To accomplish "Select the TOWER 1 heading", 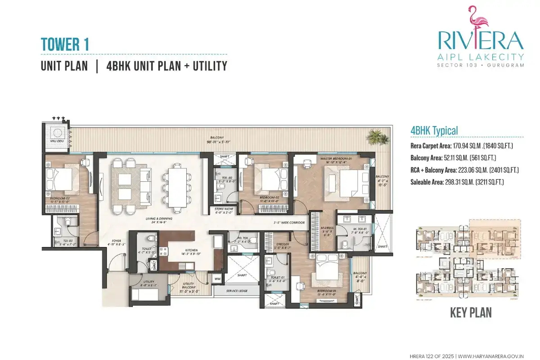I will pyautogui.click(x=65, y=45).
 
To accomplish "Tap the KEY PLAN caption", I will pyautogui.click(x=471, y=312).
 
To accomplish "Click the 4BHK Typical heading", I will pyautogui.click(x=434, y=130).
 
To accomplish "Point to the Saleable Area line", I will pyautogui.click(x=457, y=182).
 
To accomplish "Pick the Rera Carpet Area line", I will pyautogui.click(x=462, y=146).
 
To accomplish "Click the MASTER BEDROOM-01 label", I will pyautogui.click(x=338, y=159).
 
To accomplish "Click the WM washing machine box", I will pyautogui.click(x=218, y=279).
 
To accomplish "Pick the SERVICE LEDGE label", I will pyautogui.click(x=236, y=291).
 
